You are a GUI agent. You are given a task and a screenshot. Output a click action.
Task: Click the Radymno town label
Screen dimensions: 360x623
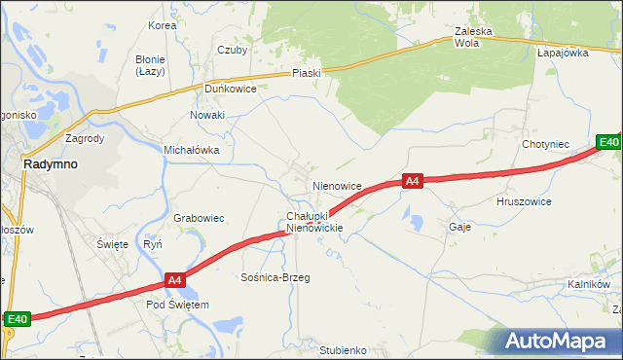[51, 164]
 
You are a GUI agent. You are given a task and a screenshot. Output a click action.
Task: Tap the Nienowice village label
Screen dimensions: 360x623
[337, 185]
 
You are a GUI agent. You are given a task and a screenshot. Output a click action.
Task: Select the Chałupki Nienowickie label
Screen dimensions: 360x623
[314, 222]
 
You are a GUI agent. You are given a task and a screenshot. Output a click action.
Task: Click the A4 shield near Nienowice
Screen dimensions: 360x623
[412, 181]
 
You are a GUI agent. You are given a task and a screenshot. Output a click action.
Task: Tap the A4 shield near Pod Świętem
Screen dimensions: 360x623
[174, 281]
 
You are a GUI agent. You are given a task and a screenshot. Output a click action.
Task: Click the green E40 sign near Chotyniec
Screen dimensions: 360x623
[608, 143]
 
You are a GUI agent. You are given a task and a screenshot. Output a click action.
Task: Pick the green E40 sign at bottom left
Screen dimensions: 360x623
[18, 318]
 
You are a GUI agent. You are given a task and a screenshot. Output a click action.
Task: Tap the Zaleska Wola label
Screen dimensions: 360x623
[474, 37]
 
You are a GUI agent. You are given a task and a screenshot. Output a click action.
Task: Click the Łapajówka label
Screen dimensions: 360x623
[563, 54]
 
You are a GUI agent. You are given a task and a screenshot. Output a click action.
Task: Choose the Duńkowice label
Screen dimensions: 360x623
[230, 89]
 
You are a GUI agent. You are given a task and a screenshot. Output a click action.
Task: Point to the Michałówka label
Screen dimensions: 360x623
[191, 151]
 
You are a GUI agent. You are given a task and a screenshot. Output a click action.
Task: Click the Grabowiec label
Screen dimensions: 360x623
[200, 219]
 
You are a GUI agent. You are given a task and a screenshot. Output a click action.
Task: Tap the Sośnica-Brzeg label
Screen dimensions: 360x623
[275, 277]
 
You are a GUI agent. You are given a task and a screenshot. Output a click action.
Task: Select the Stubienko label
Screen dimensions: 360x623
[342, 349]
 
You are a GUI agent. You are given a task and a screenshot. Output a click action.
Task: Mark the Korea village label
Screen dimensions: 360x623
[162, 25]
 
